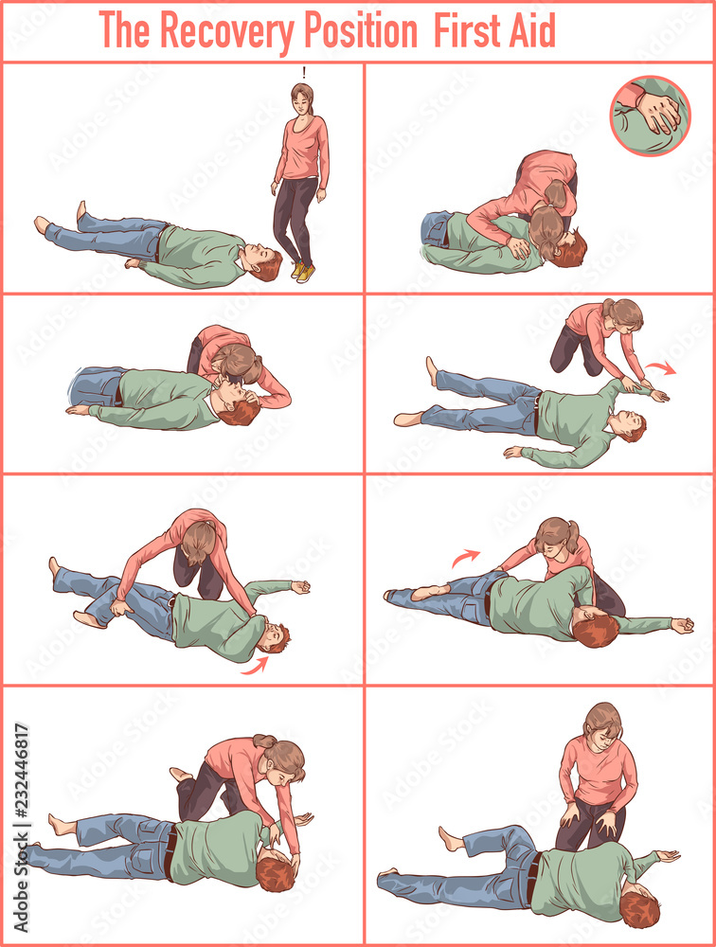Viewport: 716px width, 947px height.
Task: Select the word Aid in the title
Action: [x=531, y=30]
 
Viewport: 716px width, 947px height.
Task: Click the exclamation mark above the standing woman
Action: [x=303, y=72]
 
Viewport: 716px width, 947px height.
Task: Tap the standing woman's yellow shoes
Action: [x=304, y=272]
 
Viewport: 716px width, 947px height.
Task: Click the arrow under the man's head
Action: [x=254, y=666]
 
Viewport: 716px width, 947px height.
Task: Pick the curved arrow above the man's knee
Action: [x=465, y=558]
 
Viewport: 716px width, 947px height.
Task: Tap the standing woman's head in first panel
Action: [x=302, y=97]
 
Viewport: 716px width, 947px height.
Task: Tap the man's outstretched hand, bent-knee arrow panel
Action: [x=682, y=626]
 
